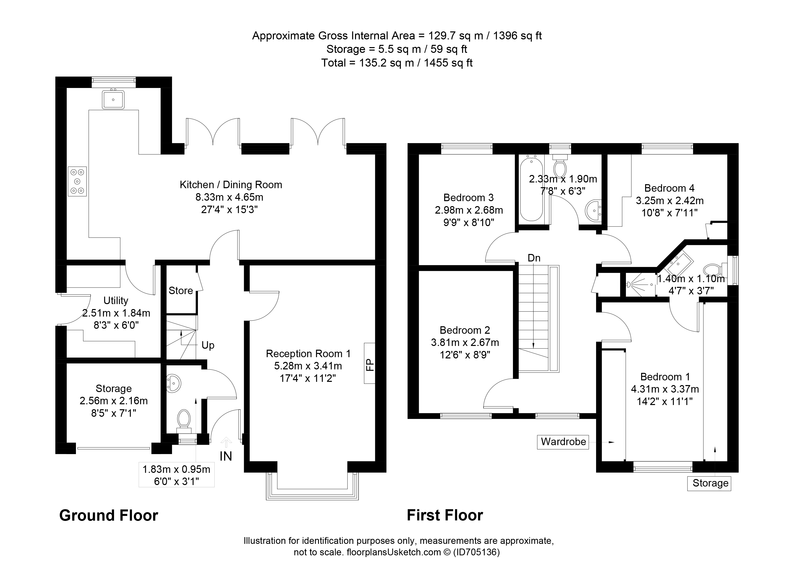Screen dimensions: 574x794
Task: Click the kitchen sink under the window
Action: [113, 99]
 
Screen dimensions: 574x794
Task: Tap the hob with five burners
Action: [77, 181]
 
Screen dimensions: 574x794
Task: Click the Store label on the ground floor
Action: [181, 291]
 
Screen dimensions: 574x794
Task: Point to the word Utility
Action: [116, 300]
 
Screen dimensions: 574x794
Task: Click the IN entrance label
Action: [226, 456]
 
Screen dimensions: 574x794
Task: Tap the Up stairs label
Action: [208, 345]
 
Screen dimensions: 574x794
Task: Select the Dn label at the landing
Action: [534, 258]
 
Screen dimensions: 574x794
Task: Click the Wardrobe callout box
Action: [563, 442]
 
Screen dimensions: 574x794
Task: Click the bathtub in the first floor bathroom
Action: [531, 189]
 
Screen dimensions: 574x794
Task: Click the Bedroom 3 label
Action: [468, 198]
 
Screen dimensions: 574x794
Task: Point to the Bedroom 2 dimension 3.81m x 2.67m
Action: [465, 342]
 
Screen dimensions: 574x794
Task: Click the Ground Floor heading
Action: [109, 515]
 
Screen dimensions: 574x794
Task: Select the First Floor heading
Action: [445, 515]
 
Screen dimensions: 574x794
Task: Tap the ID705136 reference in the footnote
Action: [477, 552]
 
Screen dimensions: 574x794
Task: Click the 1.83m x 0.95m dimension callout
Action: [177, 469]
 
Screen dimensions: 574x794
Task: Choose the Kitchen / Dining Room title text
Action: [231, 185]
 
